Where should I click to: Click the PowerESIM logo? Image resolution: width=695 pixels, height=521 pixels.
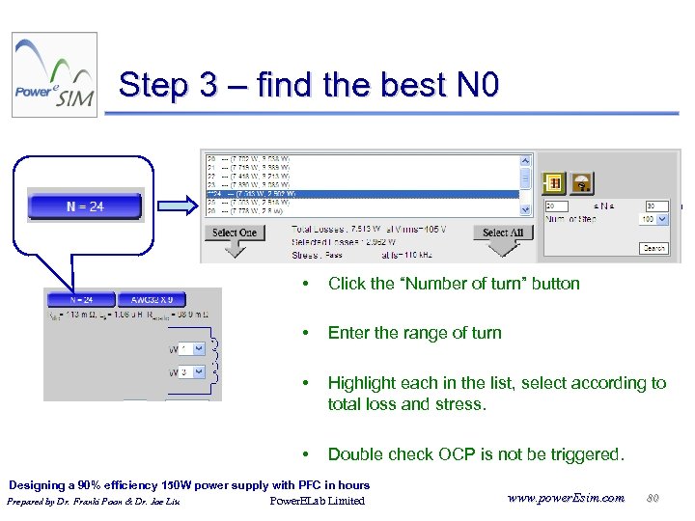coord(54,75)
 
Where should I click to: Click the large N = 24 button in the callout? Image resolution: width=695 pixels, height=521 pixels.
coord(85,206)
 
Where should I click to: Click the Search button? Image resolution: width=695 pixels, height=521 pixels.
coord(653,248)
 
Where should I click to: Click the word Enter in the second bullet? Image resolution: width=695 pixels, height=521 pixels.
coord(348,333)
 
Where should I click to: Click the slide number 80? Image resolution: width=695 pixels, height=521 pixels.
coord(653,497)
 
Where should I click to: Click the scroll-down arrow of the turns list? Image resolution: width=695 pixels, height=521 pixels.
coord(526,208)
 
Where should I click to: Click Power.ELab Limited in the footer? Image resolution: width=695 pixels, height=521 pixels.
coord(317,501)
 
